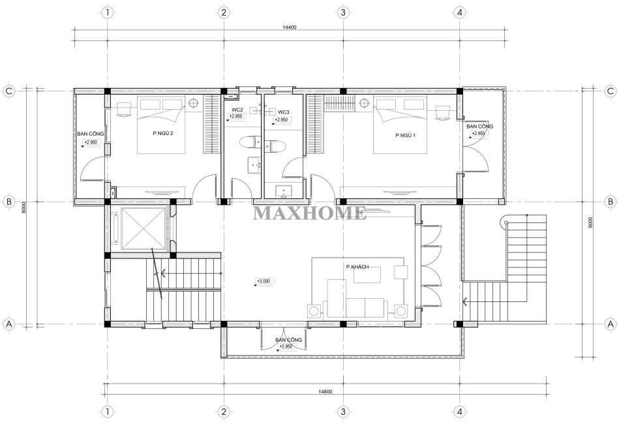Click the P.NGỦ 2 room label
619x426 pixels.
coord(163,133)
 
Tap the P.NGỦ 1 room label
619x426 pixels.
coord(406,136)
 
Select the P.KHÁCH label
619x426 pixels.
coord(357,267)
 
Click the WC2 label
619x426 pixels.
coord(237,110)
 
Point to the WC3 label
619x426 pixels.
coord(284,112)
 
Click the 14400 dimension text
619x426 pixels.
coord(290,27)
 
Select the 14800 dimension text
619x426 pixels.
coord(325,391)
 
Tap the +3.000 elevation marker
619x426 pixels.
coord(264,281)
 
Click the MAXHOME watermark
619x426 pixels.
coord(309,213)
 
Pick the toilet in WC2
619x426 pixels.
coord(250,142)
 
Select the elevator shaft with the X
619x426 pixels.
coord(143,228)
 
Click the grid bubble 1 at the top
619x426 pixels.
coord(107,12)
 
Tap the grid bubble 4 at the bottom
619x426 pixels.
coord(459,412)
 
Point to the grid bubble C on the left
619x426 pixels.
coord(8,91)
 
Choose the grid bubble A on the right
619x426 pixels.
coord(611,324)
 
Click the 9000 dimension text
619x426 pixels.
coord(590,222)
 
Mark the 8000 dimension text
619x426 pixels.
coord(23,207)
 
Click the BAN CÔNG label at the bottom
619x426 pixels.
coord(288,340)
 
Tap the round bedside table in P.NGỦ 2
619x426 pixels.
coord(193,103)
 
